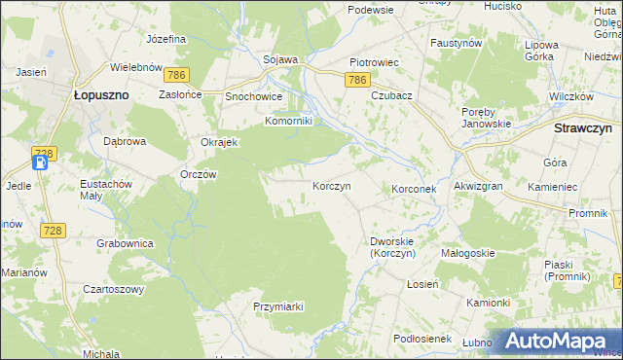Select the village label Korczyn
click(x=331, y=185)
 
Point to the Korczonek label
click(x=419, y=188)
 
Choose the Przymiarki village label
click(x=278, y=306)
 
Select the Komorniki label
click(x=288, y=122)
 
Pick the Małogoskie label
click(x=468, y=253)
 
